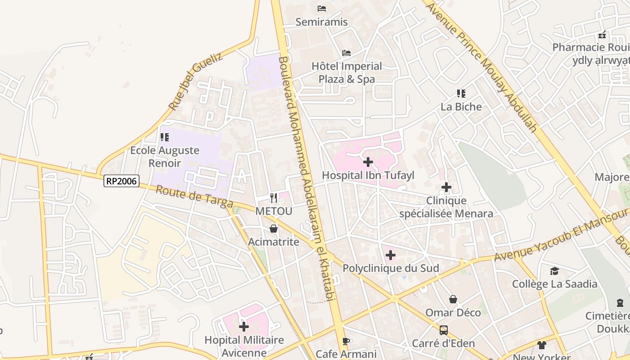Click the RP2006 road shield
click(121, 181)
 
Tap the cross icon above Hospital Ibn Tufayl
click(368, 162)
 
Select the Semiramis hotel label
click(321, 22)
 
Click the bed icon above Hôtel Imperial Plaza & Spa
click(346, 53)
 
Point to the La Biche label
click(461, 107)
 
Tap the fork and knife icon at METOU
click(273, 198)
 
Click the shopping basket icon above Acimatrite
click(273, 229)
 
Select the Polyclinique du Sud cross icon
click(391, 255)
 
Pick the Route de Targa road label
click(194, 197)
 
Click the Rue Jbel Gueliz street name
click(196, 81)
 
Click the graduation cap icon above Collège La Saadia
click(554, 271)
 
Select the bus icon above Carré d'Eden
click(444, 330)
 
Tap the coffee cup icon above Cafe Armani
click(346, 341)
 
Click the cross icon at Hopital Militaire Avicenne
click(244, 326)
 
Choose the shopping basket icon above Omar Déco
click(453, 299)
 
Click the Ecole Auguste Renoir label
click(165, 157)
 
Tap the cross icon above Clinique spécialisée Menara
click(446, 187)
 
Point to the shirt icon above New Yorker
click(541, 345)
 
